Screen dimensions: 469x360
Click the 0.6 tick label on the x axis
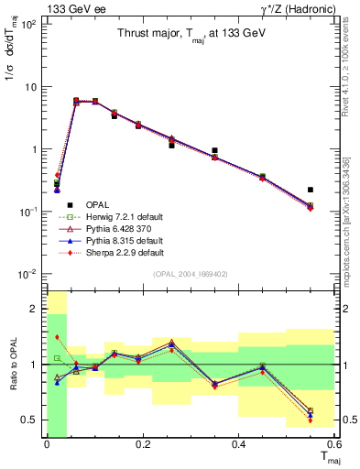point(333,444)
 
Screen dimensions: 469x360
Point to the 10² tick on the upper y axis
point(27,25)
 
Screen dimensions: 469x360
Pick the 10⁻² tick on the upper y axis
point(27,274)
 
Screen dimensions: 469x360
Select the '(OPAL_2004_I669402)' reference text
point(190,273)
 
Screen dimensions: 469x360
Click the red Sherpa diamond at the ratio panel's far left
point(57,338)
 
